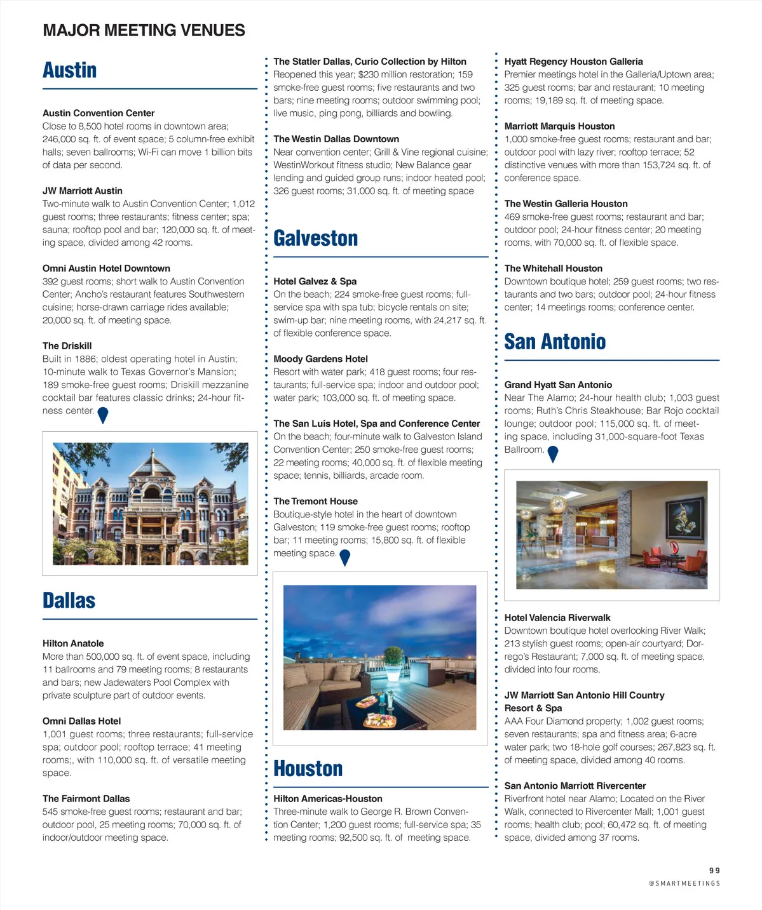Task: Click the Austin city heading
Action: pos(70,70)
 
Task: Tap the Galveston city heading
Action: pos(316,238)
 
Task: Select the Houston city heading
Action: pos(308,768)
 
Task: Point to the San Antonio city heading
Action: pos(555,342)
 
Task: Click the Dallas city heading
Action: pos(69,600)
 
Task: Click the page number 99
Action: pos(714,871)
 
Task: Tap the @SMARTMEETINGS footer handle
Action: pos(684,883)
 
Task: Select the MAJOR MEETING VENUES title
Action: pos(144,30)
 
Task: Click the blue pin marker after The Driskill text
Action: pos(103,415)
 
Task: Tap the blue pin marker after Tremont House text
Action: pos(345,557)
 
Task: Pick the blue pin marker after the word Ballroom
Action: pos(553,453)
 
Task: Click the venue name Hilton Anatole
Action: pos(73,643)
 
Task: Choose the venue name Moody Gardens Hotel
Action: pos(320,359)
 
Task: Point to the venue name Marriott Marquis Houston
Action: pos(559,126)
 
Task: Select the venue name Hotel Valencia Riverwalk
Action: pos(557,618)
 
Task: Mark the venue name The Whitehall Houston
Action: pos(553,269)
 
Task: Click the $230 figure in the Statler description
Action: pos(369,75)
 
